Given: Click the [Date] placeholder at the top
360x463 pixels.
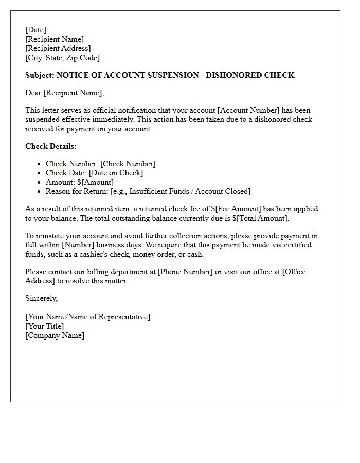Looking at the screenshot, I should coord(35,30).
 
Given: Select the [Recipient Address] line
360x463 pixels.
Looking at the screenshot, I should coord(58,48).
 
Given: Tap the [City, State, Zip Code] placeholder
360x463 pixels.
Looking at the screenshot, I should coord(62,58).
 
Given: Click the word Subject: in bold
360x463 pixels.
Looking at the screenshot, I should coord(40,75).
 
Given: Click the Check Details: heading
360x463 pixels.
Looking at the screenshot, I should coord(51,146).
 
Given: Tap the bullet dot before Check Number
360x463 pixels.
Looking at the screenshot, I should coord(39,164).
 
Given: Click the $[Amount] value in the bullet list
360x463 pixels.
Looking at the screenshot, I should coord(95,182).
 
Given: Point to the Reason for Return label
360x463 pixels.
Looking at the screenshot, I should coord(77,191).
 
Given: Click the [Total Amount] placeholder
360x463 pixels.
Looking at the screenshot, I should coord(262,218).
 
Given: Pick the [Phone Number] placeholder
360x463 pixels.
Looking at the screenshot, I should coord(185,272).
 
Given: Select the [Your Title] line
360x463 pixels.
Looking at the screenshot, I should coord(45,326).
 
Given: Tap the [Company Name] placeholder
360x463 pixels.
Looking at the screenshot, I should coord(55,335).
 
